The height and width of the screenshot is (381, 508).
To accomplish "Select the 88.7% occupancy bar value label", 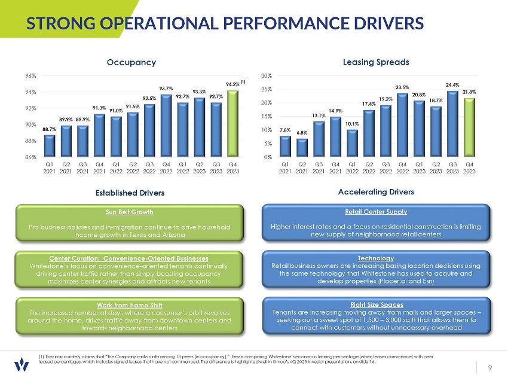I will coord(50,129).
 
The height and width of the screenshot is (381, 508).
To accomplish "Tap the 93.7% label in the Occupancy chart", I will coord(166,89).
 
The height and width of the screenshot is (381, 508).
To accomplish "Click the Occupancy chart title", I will coord(131,62).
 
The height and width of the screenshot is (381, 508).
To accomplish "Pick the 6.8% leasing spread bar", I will coord(302,148).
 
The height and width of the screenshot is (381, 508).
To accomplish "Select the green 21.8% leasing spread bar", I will coord(470,127).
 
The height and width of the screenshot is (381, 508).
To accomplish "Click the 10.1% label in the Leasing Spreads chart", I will coord(352,124).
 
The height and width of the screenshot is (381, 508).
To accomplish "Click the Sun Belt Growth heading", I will coord(130,212).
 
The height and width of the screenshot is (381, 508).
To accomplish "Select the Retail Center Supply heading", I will coord(377,211).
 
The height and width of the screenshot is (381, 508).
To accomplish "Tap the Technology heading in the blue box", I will coord(377,258).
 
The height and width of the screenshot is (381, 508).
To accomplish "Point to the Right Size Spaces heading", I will coord(377,304).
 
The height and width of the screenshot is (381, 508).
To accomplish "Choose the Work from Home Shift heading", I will coord(130,304).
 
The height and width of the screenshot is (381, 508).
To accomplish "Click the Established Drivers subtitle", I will coord(130,193).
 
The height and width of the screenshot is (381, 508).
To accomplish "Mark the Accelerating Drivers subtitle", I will coord(376,192).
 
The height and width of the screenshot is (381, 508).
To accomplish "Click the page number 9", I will coord(489,368).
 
